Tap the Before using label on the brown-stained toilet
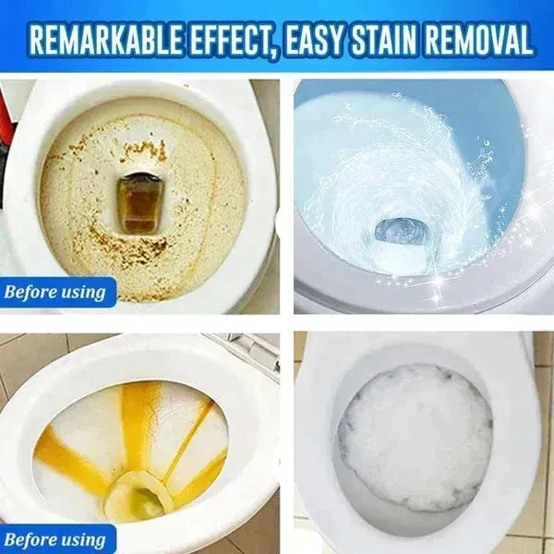(55, 294)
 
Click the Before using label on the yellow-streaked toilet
(55, 539)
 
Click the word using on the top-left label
(82, 294)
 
